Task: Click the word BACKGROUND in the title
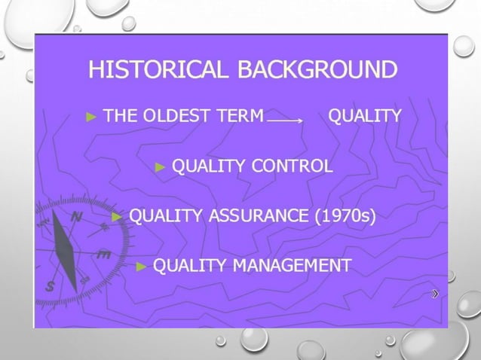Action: tap(317, 70)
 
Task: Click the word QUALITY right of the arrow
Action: tap(365, 117)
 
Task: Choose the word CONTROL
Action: tap(292, 166)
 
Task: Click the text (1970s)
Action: tap(344, 217)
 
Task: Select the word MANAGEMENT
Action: tap(292, 266)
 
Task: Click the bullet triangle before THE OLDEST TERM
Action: tap(92, 117)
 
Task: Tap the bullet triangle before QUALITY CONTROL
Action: tap(160, 166)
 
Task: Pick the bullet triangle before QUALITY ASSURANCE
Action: tap(117, 217)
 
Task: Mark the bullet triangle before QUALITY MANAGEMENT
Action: tap(141, 266)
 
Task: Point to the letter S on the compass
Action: tap(51, 286)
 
